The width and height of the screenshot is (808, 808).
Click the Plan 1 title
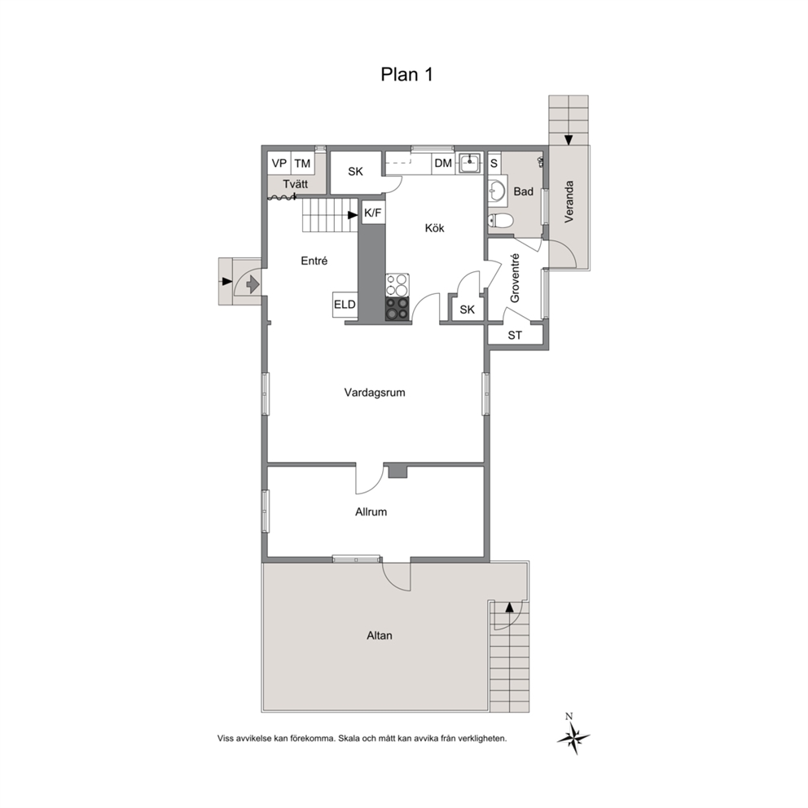pyautogui.click(x=406, y=74)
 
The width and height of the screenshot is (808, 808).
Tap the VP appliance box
pyautogui.click(x=279, y=164)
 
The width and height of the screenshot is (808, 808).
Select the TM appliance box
pyautogui.click(x=302, y=164)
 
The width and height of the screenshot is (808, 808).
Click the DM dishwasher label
pyautogui.click(x=443, y=164)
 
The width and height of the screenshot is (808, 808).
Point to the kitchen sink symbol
pyautogui.click(x=470, y=164)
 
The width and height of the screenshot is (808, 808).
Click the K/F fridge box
pyautogui.click(x=373, y=213)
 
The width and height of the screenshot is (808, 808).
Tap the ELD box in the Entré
pyautogui.click(x=345, y=305)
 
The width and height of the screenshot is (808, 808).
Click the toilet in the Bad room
pyautogui.click(x=501, y=221)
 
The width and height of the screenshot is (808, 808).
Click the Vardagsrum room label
pyautogui.click(x=375, y=393)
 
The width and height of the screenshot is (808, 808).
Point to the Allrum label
pyautogui.click(x=371, y=512)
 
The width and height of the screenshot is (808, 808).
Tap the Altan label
pyautogui.click(x=380, y=636)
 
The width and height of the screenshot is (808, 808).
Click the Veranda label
pyautogui.click(x=569, y=201)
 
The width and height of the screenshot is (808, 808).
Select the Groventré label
pyautogui.click(x=515, y=278)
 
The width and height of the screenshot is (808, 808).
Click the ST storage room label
pyautogui.click(x=515, y=336)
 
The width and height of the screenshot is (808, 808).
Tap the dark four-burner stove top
pyautogui.click(x=397, y=310)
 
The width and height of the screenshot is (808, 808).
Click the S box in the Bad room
pyautogui.click(x=494, y=164)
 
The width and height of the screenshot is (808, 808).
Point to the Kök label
pyautogui.click(x=434, y=228)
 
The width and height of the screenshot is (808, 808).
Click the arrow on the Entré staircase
pyautogui.click(x=353, y=215)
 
